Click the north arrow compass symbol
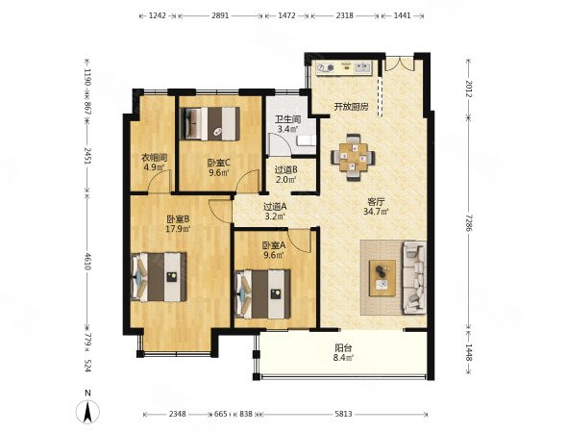pyautogui.click(x=87, y=412)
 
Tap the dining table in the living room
pyautogui.click(x=353, y=158)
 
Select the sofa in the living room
pyautogui.click(x=414, y=278)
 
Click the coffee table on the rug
pyautogui.click(x=382, y=278)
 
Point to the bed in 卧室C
pyautogui.click(x=210, y=123)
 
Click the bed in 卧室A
pyautogui.click(x=262, y=294)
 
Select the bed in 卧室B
pyautogui.click(x=159, y=277)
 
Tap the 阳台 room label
pyautogui.click(x=343, y=348)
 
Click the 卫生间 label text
pyautogui.click(x=288, y=119)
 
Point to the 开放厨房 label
pyautogui.click(x=351, y=107)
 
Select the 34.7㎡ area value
pyautogui.click(x=376, y=212)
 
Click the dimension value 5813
pyautogui.click(x=343, y=414)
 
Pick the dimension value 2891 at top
pyautogui.click(x=220, y=15)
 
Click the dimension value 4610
pyautogui.click(x=86, y=261)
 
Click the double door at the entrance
pyautogui.click(x=399, y=64)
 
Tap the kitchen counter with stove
pyautogui.click(x=344, y=68)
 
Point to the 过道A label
pyautogui.click(x=275, y=207)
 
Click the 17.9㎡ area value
pyautogui.click(x=178, y=228)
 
